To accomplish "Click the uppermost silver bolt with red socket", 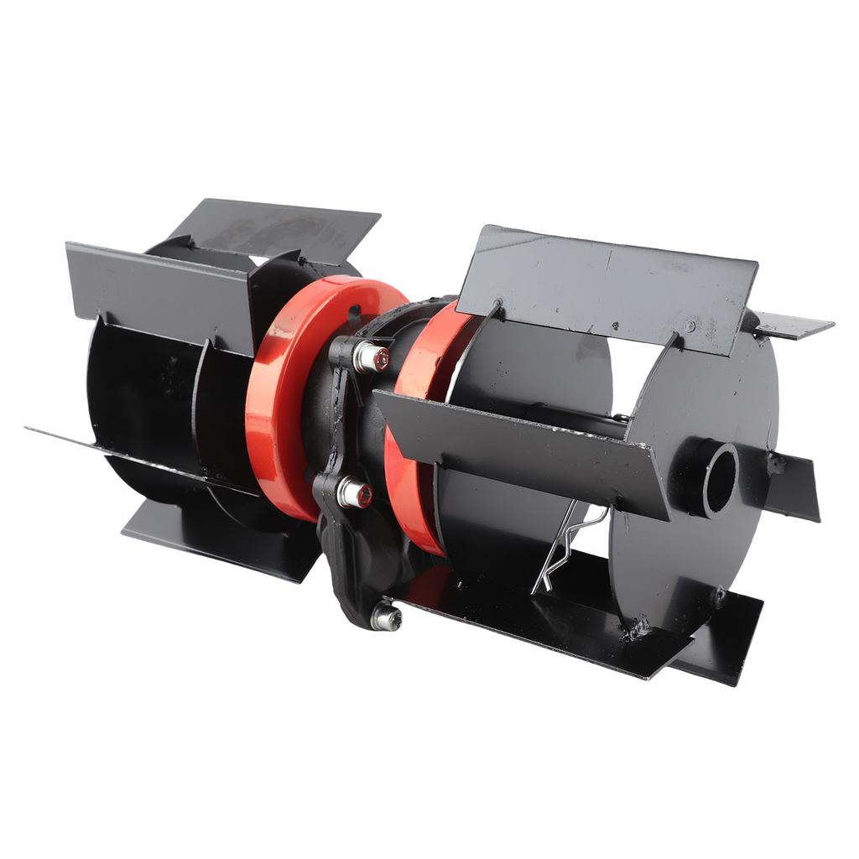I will click(x=371, y=357).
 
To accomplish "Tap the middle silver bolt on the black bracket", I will click(x=354, y=493).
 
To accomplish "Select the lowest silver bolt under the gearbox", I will click(x=387, y=617).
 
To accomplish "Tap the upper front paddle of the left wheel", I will click(x=159, y=285).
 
